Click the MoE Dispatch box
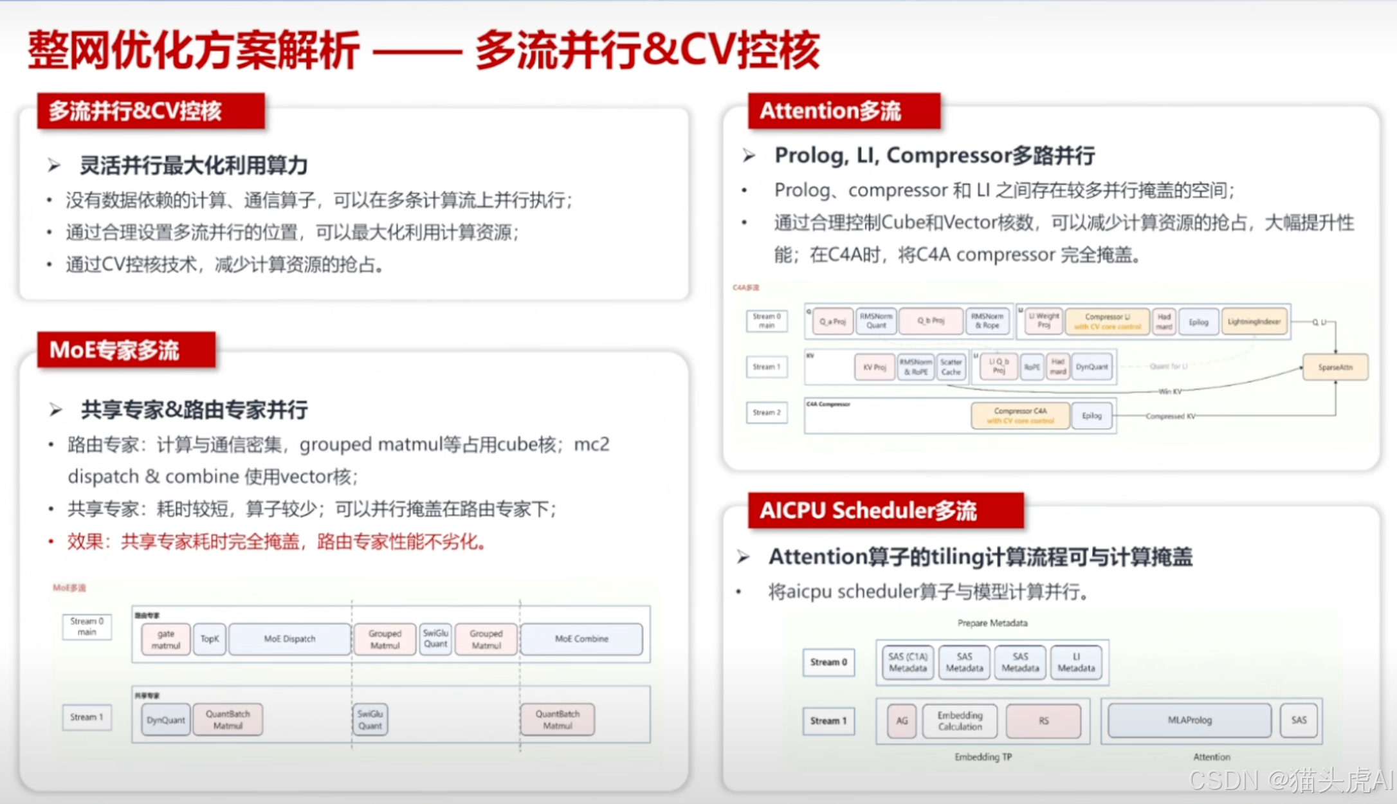point(289,639)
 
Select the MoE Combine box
point(581,639)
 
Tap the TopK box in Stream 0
point(210,639)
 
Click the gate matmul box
point(166,639)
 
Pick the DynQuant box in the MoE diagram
point(165,720)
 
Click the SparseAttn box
point(1335,367)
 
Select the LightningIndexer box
point(1254,322)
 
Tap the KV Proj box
point(875,367)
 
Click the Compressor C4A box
point(1020,416)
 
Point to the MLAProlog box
point(1189,720)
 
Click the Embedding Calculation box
point(960,720)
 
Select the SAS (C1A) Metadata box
point(908,662)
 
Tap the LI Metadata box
point(1076,662)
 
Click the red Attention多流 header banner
point(843,111)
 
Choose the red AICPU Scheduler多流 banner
point(885,511)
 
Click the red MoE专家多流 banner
point(126,350)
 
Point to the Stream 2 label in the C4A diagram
point(767,413)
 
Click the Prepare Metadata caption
point(992,623)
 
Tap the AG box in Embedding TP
point(902,720)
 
